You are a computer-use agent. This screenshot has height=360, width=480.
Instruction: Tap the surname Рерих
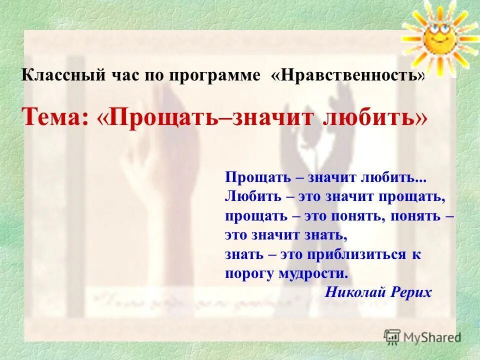tap(411, 292)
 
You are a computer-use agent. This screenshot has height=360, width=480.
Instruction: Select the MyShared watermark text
tap(431, 336)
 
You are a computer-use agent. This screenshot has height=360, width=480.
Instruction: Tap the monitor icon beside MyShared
tap(392, 336)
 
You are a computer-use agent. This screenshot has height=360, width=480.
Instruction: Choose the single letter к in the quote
tap(416, 254)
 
